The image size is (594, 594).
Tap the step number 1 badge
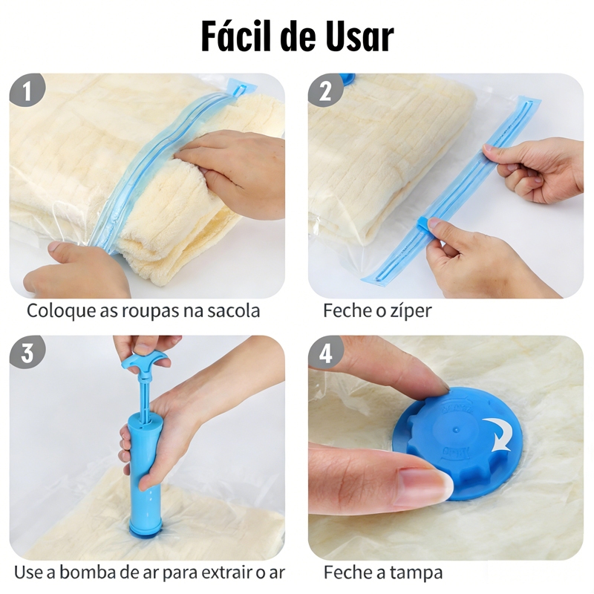pyautogui.click(x=27, y=91)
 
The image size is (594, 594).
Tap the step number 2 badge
pyautogui.click(x=325, y=91)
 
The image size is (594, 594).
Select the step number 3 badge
pyautogui.click(x=27, y=353)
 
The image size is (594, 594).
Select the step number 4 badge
pyautogui.click(x=325, y=353)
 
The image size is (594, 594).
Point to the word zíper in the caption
pyautogui.click(x=411, y=311)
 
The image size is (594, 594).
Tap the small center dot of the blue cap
pyautogui.click(x=457, y=431)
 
